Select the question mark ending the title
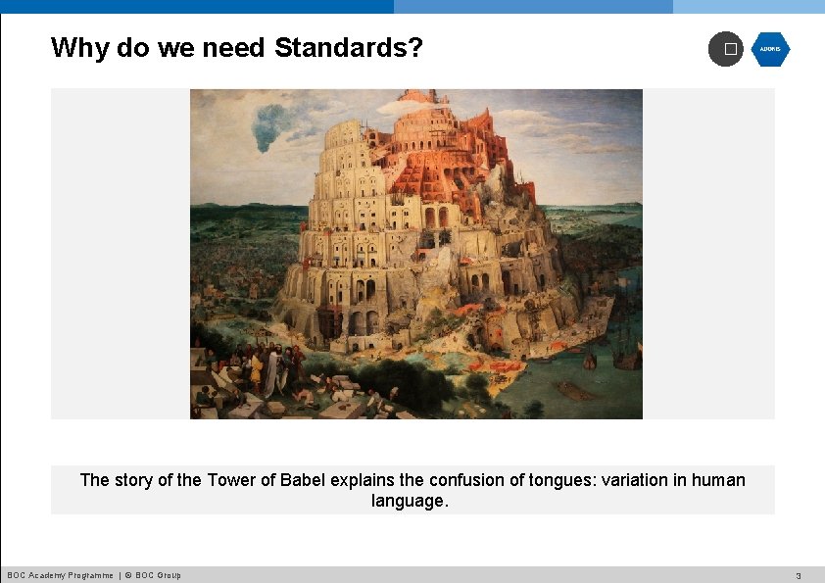point(416,47)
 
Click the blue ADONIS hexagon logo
point(770,49)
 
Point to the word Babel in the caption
point(303,480)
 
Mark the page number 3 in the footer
point(799,575)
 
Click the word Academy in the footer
point(45,575)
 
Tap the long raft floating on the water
point(579,389)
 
